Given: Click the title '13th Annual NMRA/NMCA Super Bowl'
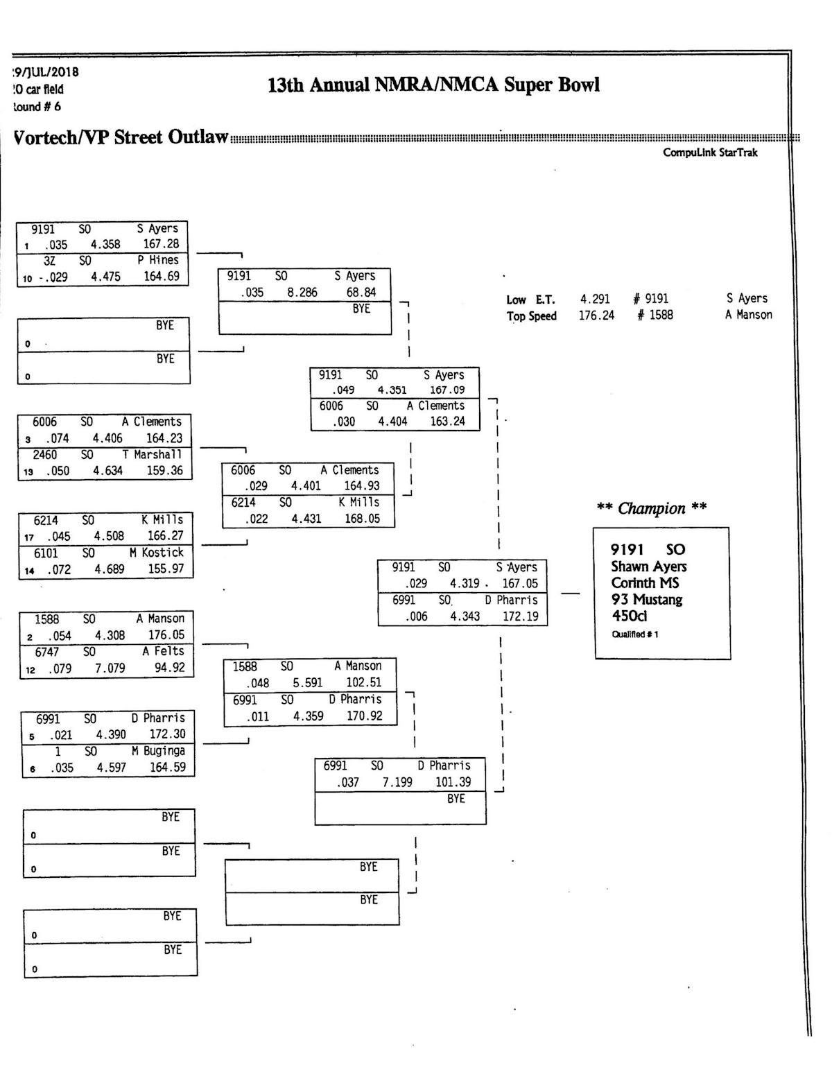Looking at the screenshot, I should click(433, 85).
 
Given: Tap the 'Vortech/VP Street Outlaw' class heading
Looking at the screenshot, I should click(121, 137).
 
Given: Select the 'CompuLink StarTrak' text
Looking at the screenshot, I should click(710, 153).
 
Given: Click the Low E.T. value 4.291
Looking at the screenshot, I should click(595, 299).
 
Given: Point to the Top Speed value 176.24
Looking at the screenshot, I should click(596, 315).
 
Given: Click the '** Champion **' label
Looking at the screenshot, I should click(652, 508).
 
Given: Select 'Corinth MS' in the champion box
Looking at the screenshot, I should click(645, 583).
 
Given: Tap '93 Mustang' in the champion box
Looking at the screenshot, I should click(647, 600).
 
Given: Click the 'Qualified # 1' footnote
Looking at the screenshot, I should click(635, 634).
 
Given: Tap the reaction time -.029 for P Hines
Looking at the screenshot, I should click(53, 277).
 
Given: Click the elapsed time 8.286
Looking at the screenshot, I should click(302, 293).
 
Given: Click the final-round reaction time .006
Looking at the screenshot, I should click(416, 616).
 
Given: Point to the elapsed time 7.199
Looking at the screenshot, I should click(397, 782).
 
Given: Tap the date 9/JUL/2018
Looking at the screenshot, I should click(46, 72).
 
